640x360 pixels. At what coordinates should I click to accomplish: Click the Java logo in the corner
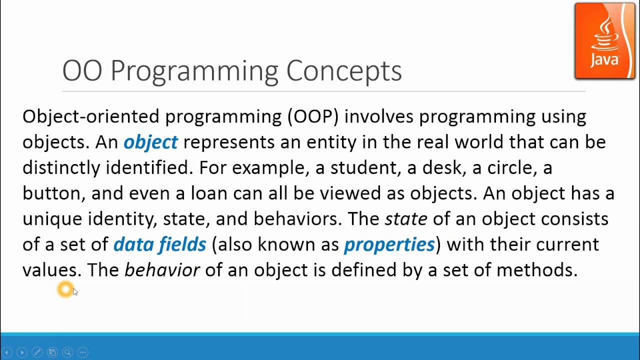604,41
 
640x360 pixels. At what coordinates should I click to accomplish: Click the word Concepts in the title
343,71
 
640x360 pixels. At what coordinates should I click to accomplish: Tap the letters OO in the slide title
82,71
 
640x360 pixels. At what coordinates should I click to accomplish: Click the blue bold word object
150,142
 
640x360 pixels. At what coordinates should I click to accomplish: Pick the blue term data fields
159,244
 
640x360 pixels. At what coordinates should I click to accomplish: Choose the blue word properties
389,244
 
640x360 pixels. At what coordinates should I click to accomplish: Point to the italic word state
405,219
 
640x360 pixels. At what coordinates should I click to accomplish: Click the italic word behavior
162,270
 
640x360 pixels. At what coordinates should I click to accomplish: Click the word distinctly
61,168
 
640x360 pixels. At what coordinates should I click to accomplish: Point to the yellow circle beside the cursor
65,289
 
